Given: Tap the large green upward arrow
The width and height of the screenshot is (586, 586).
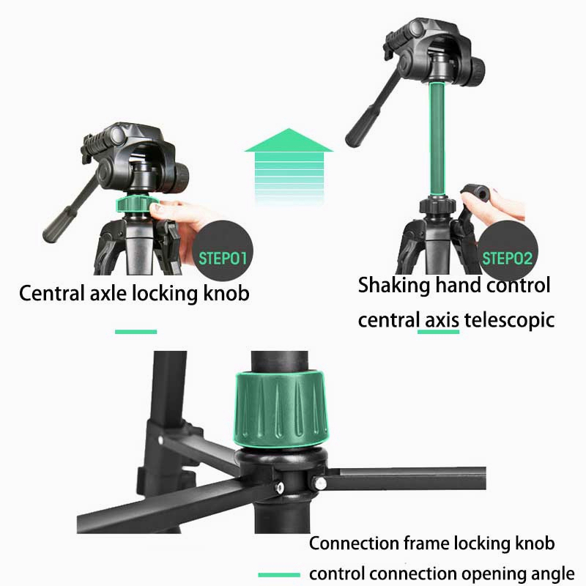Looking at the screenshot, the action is click(x=289, y=166).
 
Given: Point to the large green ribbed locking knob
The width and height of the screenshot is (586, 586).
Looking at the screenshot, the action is click(x=281, y=409).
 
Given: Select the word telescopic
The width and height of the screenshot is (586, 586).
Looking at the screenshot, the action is click(x=509, y=320).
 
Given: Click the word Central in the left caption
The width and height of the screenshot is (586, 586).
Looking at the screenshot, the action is click(x=51, y=293).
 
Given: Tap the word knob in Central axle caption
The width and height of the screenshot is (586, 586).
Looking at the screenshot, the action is click(x=226, y=293).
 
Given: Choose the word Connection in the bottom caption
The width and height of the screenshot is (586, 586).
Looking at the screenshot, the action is click(x=354, y=543).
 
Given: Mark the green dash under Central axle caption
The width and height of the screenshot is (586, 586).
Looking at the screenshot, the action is click(x=136, y=332).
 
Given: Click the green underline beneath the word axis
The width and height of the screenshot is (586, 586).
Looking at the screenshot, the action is click(x=438, y=332).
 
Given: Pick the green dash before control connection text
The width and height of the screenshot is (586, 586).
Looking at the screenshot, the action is click(x=279, y=575).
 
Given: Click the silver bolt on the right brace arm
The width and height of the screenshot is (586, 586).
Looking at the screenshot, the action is click(x=319, y=483).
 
